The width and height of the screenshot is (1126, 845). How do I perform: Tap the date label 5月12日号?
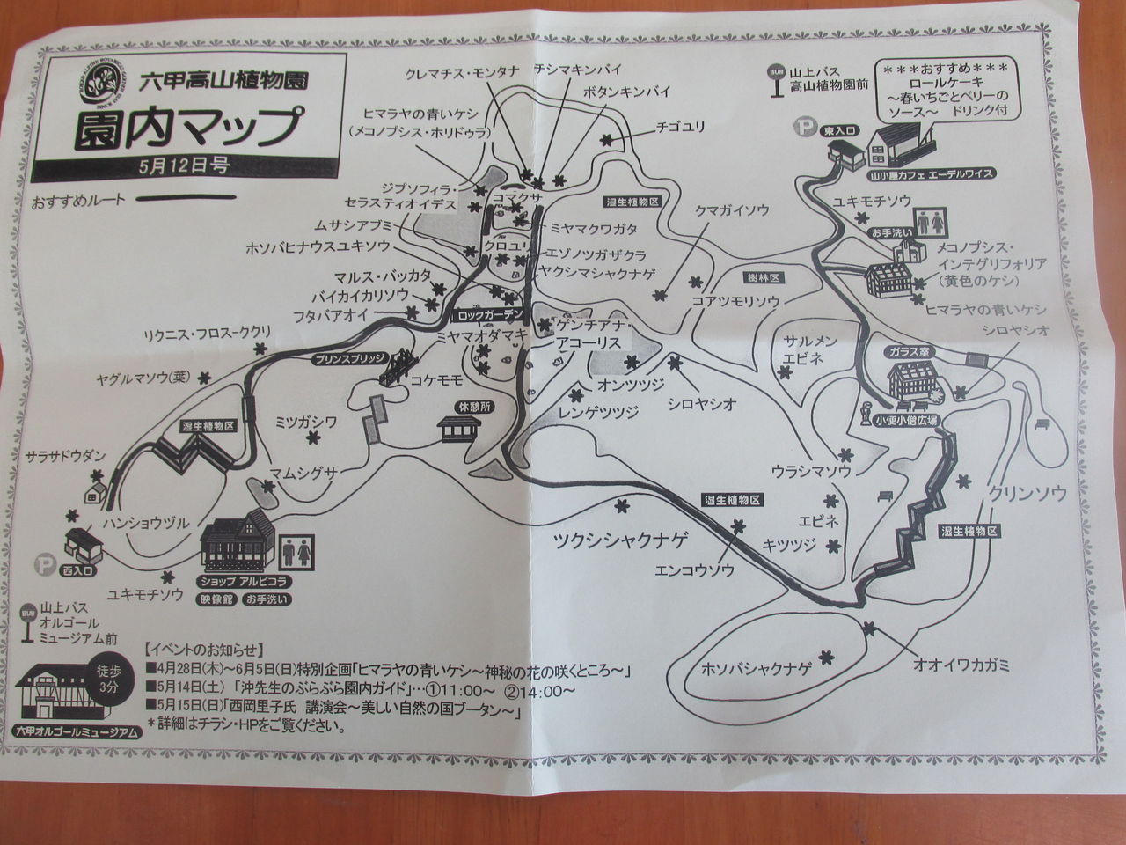pyautogui.click(x=179, y=165)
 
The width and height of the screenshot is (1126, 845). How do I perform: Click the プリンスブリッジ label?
pyautogui.click(x=347, y=359)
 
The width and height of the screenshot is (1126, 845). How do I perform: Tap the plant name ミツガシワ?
pyautogui.click(x=306, y=422)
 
